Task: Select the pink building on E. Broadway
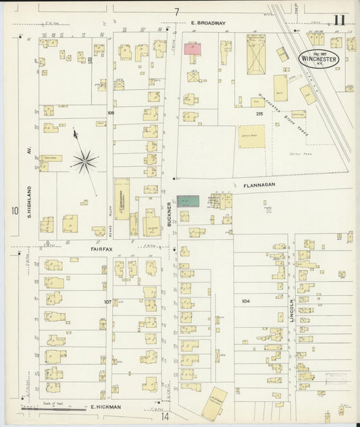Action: click(194, 48)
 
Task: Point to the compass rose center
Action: click(85, 159)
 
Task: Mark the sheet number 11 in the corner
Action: click(338, 19)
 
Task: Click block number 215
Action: click(259, 114)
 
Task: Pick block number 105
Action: click(111, 114)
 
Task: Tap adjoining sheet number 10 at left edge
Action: click(14, 211)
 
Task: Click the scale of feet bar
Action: click(47, 409)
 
